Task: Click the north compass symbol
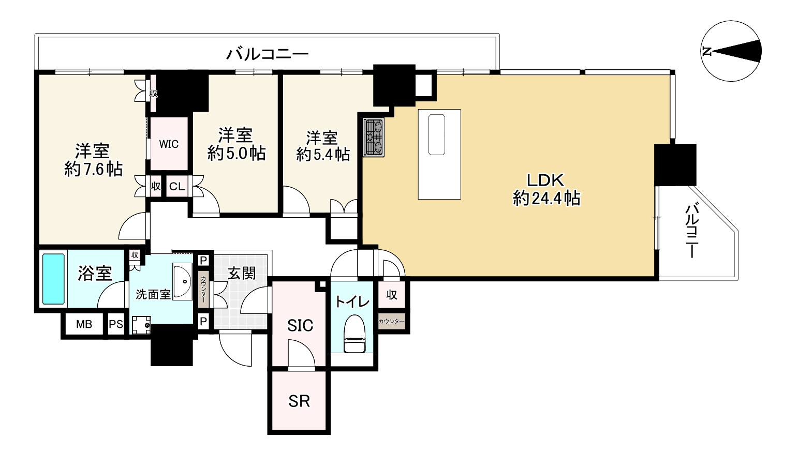[731, 51]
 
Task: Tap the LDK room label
[545, 180]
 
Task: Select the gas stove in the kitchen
[373, 138]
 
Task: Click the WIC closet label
[169, 144]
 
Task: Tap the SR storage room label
[299, 401]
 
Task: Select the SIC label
[300, 325]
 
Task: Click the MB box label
[84, 324]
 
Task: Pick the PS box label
[116, 324]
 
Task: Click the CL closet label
[177, 187]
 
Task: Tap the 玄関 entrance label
[242, 273]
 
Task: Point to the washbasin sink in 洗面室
[182, 281]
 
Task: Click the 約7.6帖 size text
[93, 169]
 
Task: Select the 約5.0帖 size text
[237, 153]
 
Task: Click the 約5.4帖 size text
[322, 154]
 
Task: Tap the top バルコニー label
[268, 54]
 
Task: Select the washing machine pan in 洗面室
[140, 325]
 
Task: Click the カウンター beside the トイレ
[391, 322]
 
